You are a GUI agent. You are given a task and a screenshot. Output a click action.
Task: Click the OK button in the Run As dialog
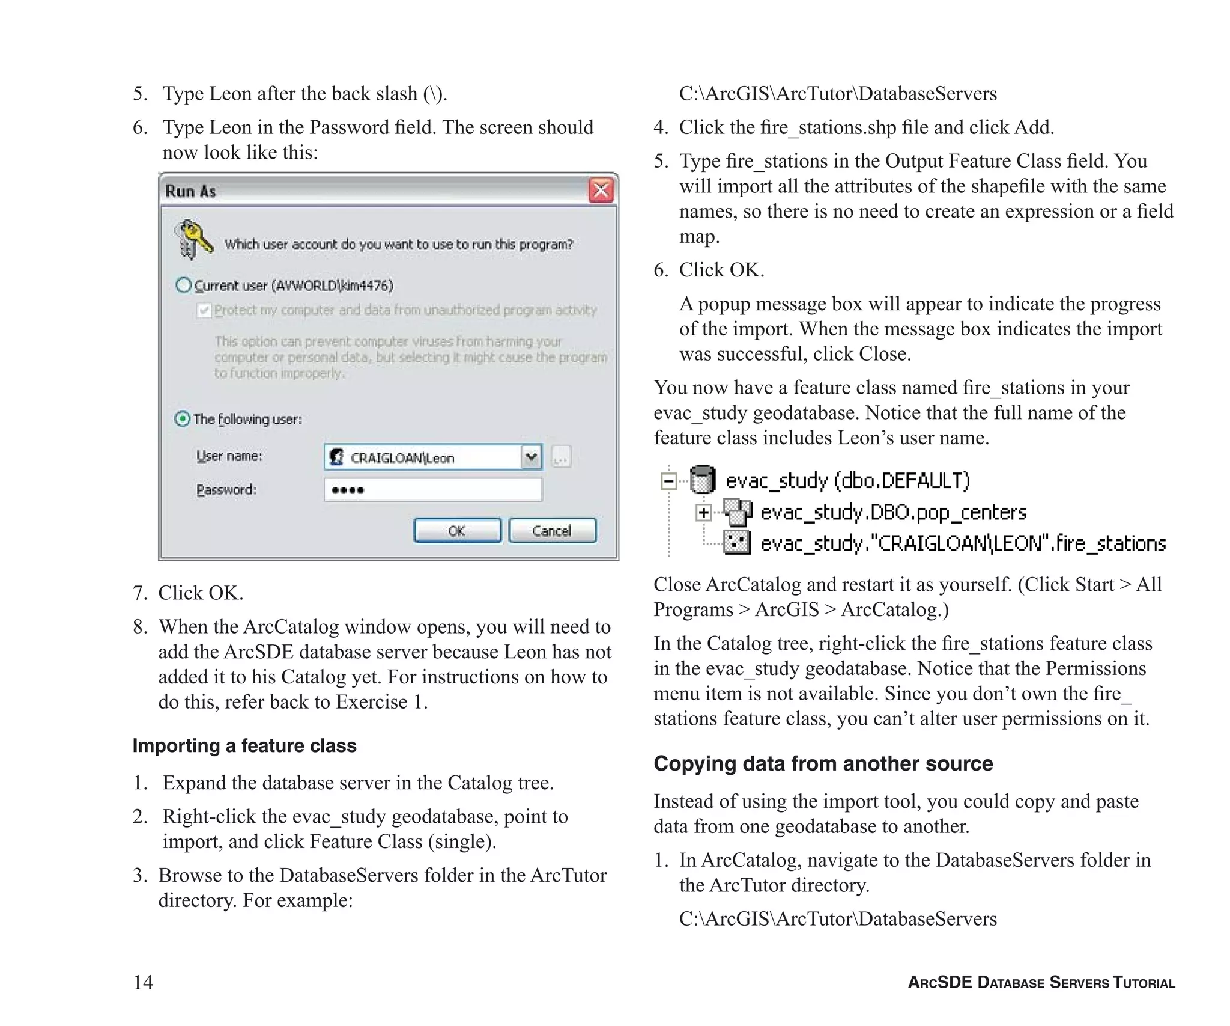pyautogui.click(x=457, y=530)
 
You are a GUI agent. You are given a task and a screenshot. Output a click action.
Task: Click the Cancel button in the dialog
pyautogui.click(x=552, y=530)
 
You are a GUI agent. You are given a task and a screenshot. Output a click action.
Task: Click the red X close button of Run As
pyautogui.click(x=601, y=191)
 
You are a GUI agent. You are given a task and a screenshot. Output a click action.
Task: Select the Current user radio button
pyautogui.click(x=183, y=285)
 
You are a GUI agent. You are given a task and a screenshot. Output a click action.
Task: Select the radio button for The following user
pyautogui.click(x=182, y=418)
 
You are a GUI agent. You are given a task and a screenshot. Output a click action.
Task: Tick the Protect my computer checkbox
pyautogui.click(x=204, y=310)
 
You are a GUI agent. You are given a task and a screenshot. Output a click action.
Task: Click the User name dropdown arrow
pyautogui.click(x=531, y=457)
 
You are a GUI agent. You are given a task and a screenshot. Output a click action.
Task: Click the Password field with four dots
pyautogui.click(x=432, y=490)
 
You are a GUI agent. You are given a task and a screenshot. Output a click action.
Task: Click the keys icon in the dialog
pyautogui.click(x=193, y=239)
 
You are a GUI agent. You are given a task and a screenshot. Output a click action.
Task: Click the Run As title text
pyautogui.click(x=190, y=191)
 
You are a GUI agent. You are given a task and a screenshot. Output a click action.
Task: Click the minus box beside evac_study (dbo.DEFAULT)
pyautogui.click(x=668, y=481)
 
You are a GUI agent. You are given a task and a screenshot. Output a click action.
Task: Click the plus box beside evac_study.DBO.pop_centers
pyautogui.click(x=703, y=513)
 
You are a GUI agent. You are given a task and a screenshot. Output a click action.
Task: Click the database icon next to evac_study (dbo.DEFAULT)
pyautogui.click(x=701, y=480)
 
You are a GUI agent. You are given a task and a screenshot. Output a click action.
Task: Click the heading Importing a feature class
pyautogui.click(x=244, y=745)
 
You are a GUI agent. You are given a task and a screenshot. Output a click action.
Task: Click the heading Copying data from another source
pyautogui.click(x=823, y=763)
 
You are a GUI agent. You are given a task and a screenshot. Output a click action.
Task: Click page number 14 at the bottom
pyautogui.click(x=143, y=982)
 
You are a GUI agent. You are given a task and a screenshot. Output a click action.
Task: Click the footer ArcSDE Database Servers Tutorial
pyautogui.click(x=1041, y=983)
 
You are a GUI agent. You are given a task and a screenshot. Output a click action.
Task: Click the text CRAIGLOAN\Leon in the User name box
pyautogui.click(x=402, y=458)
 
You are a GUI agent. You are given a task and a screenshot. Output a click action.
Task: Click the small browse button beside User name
pyautogui.click(x=560, y=457)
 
